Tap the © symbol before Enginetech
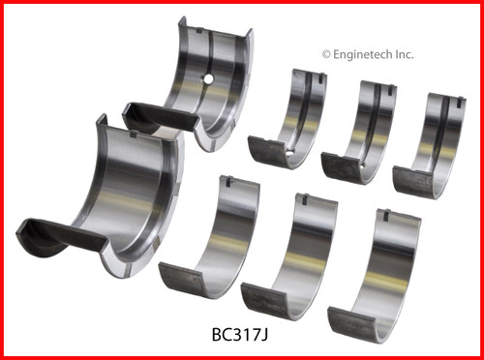(x=325, y=55)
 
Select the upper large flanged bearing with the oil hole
(x=208, y=92)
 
